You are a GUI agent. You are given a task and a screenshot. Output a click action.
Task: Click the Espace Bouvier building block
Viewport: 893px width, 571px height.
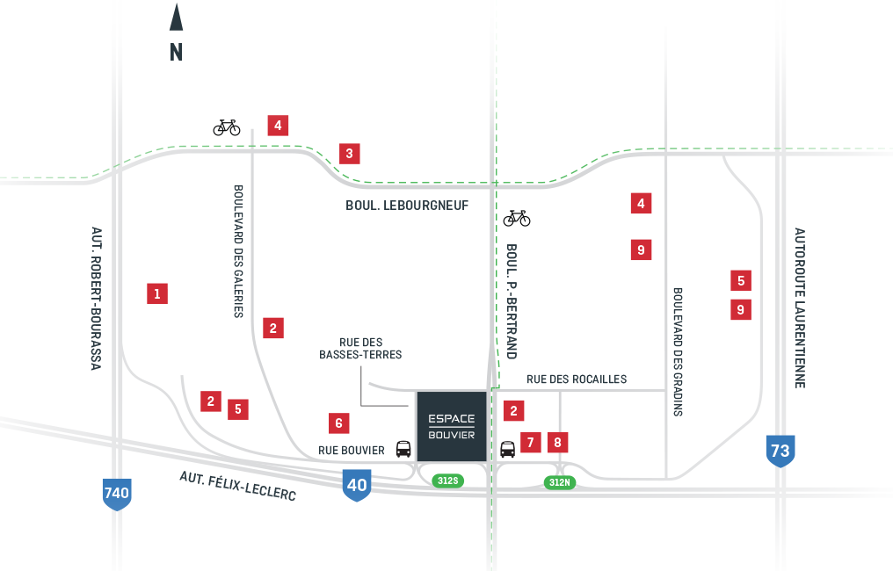[x=451, y=426]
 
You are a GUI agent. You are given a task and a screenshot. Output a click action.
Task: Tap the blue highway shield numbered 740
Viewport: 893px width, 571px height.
[x=117, y=493]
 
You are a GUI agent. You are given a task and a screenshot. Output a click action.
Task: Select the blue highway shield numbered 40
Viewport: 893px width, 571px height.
[x=356, y=484]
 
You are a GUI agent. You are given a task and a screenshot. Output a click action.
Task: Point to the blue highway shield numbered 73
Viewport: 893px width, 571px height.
[x=780, y=451]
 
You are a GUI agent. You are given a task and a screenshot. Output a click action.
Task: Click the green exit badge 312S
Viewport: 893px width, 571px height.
[x=447, y=481]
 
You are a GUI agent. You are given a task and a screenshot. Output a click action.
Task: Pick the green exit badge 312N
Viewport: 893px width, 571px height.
[x=559, y=482]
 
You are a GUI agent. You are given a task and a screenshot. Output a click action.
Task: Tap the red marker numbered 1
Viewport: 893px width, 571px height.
[x=157, y=293]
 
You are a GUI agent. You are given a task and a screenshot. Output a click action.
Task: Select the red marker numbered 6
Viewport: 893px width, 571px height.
[x=338, y=423]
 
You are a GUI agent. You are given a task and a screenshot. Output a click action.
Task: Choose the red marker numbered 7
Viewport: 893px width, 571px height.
[x=530, y=442]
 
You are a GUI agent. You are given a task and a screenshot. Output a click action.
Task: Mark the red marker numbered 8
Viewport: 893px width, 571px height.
[x=557, y=442]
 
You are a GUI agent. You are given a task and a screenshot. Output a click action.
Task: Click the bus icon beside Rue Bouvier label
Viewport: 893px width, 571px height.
[x=403, y=449]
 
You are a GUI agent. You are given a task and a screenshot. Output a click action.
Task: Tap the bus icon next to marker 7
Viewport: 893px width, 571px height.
[x=508, y=449]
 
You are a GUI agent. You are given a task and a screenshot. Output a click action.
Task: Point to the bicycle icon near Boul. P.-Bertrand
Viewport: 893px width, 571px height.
[x=517, y=217]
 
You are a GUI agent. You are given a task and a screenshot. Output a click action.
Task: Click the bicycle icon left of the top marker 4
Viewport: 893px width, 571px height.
[x=227, y=127]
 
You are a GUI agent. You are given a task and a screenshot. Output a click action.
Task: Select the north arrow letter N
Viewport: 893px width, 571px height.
[x=177, y=53]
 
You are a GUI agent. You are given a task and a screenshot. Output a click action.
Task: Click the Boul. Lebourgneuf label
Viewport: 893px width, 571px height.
[x=407, y=206]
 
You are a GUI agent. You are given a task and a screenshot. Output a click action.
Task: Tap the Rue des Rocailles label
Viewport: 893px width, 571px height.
[x=577, y=379]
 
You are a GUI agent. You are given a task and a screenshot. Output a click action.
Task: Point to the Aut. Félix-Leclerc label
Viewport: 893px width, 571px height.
[x=237, y=486]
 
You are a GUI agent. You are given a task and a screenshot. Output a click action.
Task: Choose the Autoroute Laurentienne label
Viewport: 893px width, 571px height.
[x=799, y=307]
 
